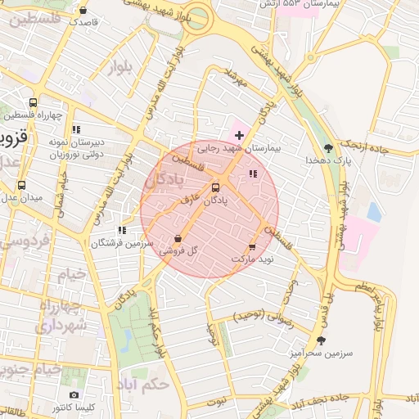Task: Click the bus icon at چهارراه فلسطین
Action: tap(33, 103)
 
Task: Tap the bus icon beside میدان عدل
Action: tap(20, 185)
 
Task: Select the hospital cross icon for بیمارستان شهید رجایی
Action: tap(239, 134)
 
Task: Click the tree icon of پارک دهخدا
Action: tap(328, 148)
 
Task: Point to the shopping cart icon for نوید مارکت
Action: tap(252, 246)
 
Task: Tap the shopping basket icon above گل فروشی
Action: tap(178, 239)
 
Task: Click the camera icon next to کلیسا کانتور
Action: tap(74, 395)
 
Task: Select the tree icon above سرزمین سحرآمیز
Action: tap(320, 340)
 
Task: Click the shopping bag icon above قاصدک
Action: tap(83, 11)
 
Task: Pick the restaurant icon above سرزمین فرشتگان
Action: tap(122, 231)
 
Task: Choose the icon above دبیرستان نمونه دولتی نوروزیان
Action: tap(76, 129)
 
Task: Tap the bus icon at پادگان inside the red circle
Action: tap(215, 187)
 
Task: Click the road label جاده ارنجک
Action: tap(379, 146)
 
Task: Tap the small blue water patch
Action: tap(374, 213)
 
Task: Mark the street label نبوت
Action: tap(216, 401)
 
